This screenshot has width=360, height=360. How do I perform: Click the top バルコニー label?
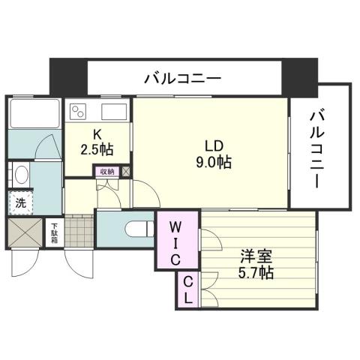181,77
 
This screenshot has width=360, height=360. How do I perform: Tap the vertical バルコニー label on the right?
319,148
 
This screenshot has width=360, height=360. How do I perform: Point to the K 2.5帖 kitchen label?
97,141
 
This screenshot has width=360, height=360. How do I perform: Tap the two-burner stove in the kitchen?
78,113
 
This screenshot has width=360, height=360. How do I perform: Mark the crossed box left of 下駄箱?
27,232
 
